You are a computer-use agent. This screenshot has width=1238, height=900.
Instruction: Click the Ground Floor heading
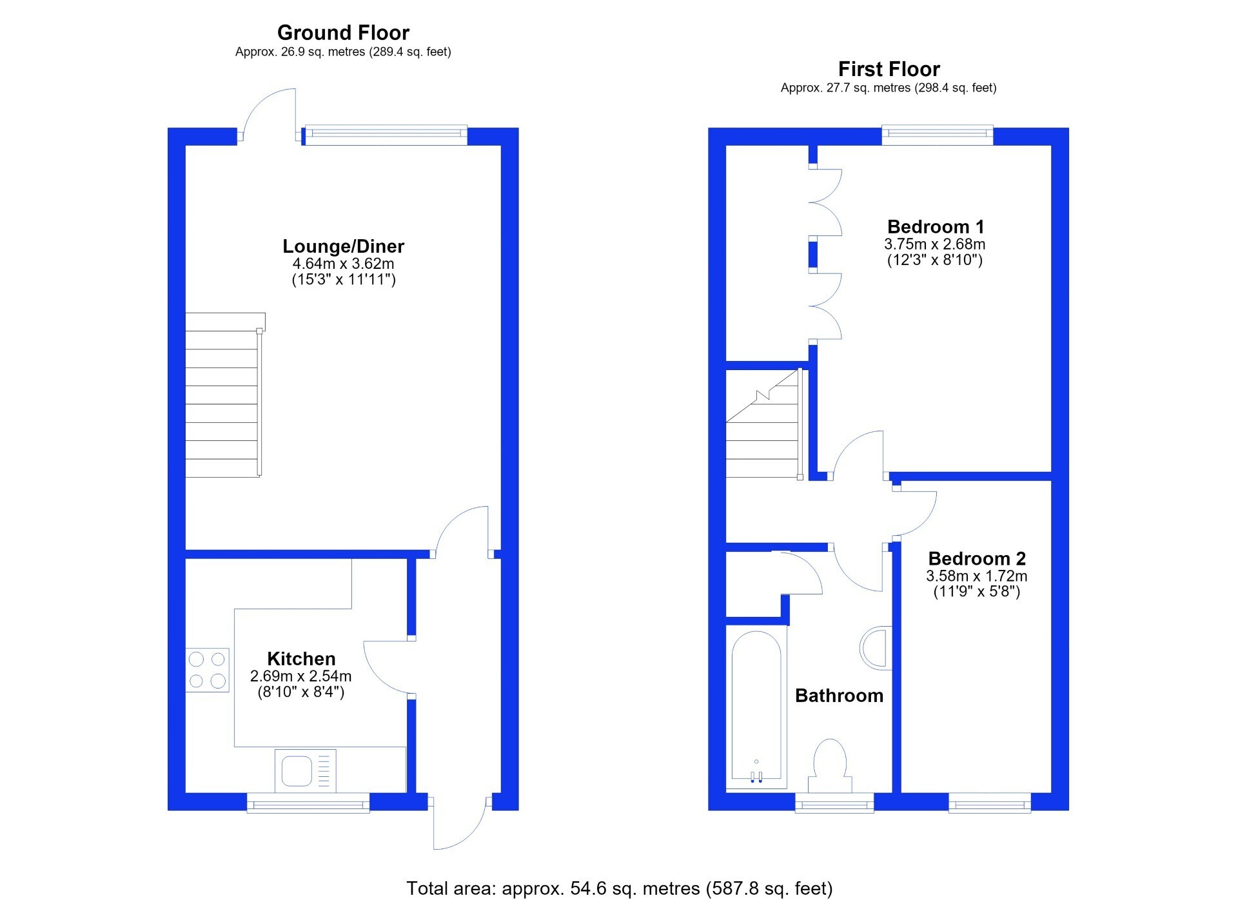click(343, 32)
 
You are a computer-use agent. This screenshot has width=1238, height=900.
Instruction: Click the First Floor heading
click(889, 69)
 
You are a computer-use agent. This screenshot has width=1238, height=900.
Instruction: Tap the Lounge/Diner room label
click(343, 246)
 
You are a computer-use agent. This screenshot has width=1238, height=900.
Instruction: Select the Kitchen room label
click(301, 659)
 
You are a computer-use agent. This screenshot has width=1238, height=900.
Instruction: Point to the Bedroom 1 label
click(936, 227)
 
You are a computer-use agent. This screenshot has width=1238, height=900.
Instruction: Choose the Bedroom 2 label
click(977, 558)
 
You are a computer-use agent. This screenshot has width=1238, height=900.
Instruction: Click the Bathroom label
click(839, 696)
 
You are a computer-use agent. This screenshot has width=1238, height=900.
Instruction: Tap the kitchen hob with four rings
click(207, 670)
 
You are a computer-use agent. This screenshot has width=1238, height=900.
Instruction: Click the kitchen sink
click(305, 770)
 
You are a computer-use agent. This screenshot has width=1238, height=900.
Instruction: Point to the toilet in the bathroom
click(830, 766)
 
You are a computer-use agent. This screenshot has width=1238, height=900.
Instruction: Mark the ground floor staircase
click(224, 395)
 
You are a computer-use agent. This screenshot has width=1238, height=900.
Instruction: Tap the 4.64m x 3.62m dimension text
click(343, 264)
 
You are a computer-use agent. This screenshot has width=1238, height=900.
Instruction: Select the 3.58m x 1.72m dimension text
click(977, 576)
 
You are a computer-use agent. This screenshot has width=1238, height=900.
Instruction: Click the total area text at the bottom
click(619, 888)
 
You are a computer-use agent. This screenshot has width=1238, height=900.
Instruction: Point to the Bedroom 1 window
click(938, 133)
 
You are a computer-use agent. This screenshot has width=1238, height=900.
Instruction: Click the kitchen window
click(308, 803)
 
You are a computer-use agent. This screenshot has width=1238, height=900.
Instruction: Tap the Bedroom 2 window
click(990, 803)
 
